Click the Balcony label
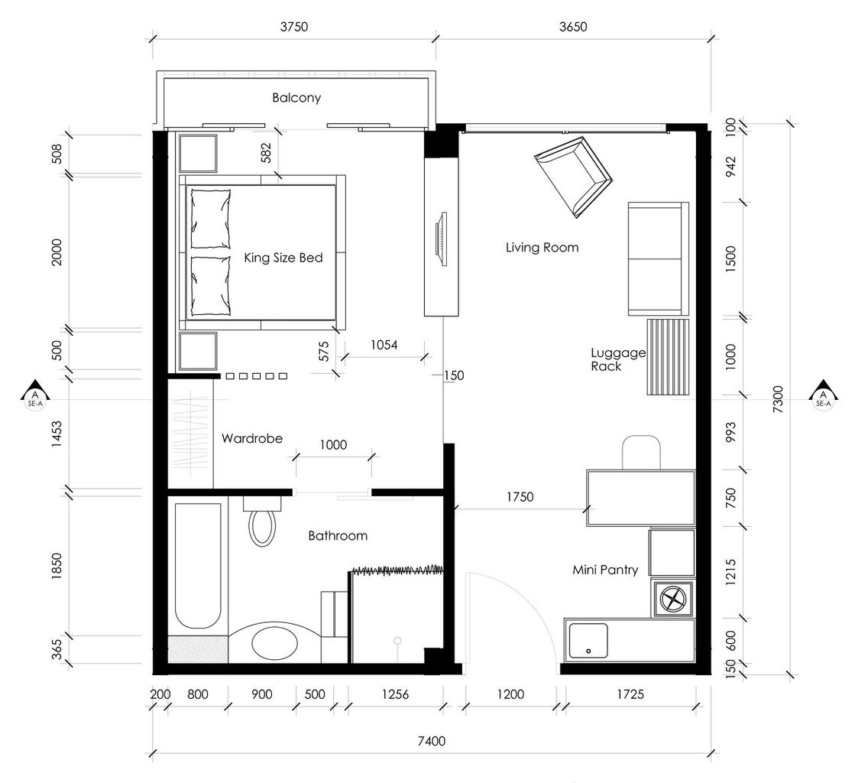[296, 98]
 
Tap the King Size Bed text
[283, 258]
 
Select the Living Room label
[542, 248]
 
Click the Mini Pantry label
[604, 570]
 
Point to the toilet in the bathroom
[262, 528]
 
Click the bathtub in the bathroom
[198, 566]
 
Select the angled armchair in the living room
[573, 177]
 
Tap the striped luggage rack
[668, 357]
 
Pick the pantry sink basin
[588, 641]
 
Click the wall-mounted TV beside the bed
[441, 239]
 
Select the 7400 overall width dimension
[431, 741]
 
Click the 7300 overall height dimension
[778, 399]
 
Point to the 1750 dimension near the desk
[520, 497]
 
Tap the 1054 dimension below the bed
[384, 345]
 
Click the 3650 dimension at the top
[573, 27]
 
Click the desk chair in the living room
[641, 453]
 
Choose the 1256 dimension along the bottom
[395, 694]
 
